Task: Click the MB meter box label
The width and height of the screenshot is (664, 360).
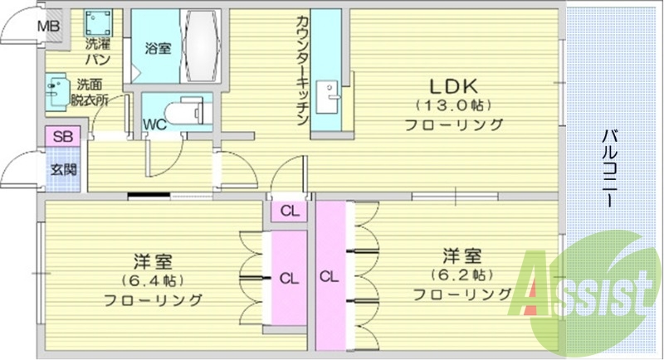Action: coord(49,26)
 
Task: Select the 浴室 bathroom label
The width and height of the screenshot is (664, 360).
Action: coord(158,48)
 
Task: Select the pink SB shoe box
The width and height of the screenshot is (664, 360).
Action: coord(61,136)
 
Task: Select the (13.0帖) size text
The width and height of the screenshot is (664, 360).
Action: coord(453,105)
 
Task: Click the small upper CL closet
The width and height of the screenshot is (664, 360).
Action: coord(289,211)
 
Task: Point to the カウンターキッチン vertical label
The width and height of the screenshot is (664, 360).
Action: coord(302,71)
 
